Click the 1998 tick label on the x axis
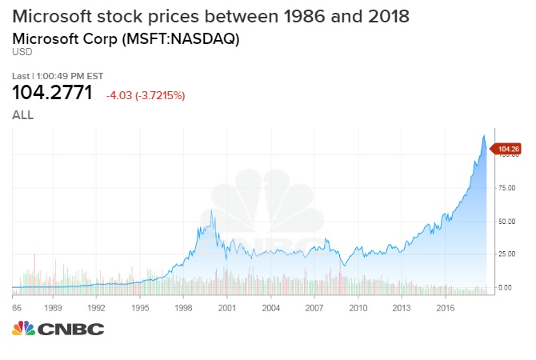coord(183,306)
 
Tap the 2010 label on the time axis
coord(358,306)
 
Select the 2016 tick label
coord(446,306)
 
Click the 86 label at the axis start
coord(16,306)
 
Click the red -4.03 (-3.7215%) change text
coord(146,95)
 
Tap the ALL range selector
coord(22,115)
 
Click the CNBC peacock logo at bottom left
coord(23,330)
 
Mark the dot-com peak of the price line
coord(211,210)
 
